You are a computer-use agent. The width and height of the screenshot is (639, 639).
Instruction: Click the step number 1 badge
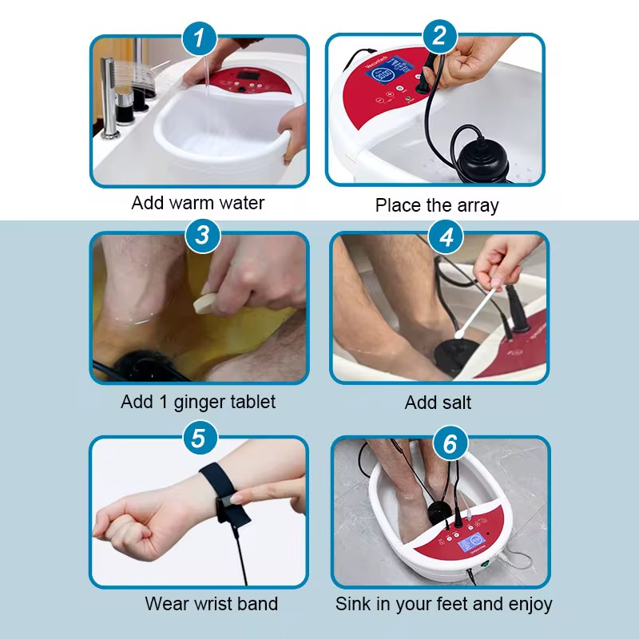point(199,38)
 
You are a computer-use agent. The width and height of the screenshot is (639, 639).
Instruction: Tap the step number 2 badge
point(440,36)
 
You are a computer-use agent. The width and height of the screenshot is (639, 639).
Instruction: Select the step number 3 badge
point(203,235)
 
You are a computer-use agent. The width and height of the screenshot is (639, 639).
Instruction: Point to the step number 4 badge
point(447,236)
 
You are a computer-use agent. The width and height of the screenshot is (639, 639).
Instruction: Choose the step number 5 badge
point(199,438)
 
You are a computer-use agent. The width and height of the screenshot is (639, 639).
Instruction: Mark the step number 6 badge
point(450,443)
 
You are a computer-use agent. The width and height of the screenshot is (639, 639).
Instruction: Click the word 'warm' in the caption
point(194,203)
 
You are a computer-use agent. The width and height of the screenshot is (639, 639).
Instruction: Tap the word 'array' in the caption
point(478,206)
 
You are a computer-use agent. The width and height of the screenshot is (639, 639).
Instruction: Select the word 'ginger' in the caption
point(196,403)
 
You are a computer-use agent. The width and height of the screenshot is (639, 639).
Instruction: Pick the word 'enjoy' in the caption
point(530,605)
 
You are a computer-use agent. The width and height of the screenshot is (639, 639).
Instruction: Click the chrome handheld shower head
point(108,97)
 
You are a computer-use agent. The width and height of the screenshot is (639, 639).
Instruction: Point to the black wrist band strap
point(225,493)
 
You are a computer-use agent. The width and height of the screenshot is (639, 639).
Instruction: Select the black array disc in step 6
point(438,510)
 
